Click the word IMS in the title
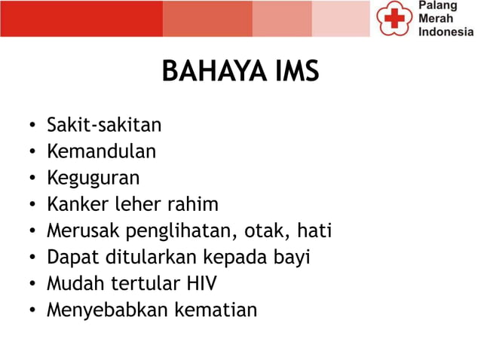click(x=294, y=72)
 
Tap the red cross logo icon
click(x=392, y=19)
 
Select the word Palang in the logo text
click(x=439, y=7)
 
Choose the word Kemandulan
click(x=102, y=151)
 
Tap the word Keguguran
click(x=93, y=178)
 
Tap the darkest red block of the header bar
click(x=81, y=19)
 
